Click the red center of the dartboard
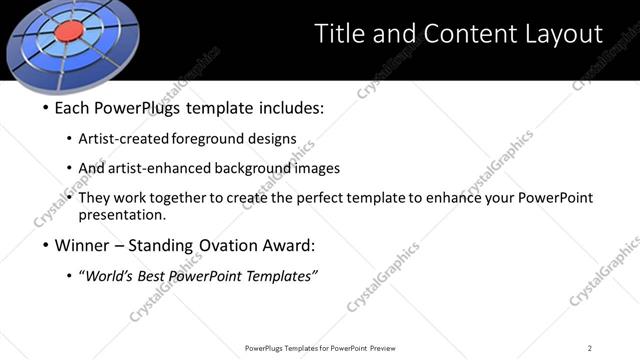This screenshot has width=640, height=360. pos(68,33)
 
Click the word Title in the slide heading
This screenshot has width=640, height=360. pos(339,34)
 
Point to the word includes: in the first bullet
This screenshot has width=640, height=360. pos(290,107)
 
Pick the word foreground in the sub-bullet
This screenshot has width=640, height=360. pos(209,138)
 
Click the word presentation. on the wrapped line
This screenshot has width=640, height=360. pos(122,214)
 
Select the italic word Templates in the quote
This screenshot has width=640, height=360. pos(281,277)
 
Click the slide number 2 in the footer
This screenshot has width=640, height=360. pos(589,348)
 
